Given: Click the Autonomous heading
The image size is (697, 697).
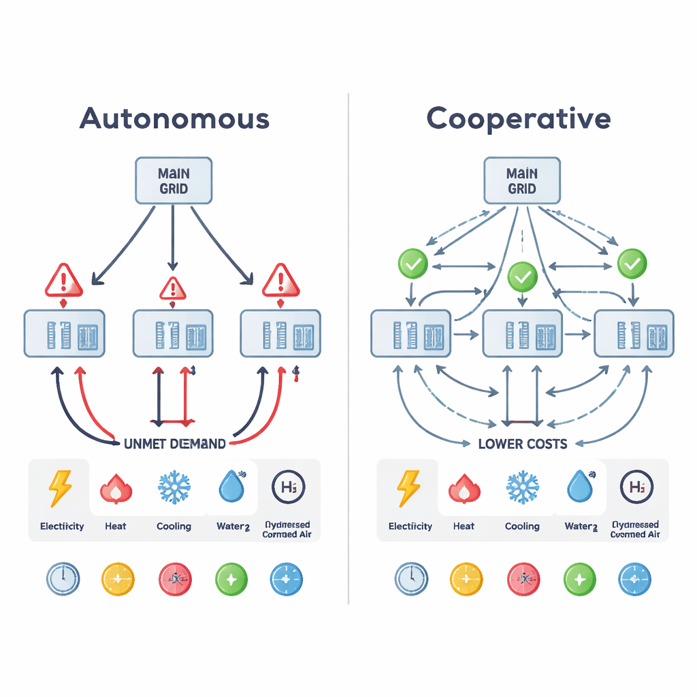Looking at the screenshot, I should pos(174,118).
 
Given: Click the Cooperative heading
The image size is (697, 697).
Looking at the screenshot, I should pos(519,118).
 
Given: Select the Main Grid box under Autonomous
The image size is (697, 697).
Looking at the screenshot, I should pos(174,180).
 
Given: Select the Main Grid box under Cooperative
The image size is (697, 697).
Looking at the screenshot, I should pos(522,180).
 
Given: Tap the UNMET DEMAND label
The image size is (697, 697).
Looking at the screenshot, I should pos(175,444).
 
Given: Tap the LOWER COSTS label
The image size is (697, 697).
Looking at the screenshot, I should pos(522,444).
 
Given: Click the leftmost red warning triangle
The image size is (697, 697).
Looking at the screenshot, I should pos(64,280).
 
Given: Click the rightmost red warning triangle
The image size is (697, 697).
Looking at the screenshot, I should pos(280,280).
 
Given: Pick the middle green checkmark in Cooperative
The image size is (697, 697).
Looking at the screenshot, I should pos(522,276).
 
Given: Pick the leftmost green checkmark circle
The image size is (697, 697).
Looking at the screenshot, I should pos(412,262).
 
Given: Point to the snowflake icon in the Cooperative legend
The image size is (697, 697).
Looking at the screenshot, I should pos(522,489).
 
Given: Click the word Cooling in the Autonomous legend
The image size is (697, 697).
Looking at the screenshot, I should pos(174,526).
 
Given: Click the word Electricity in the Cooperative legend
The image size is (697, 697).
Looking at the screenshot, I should pos(410,526).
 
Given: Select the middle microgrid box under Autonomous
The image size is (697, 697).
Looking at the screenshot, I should pos(173,334).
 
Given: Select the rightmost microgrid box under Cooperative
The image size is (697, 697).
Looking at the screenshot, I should pos(634,334).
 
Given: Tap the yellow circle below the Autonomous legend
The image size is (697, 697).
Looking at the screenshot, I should pos(118,580).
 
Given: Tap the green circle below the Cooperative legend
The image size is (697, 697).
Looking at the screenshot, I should pos(580,580).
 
